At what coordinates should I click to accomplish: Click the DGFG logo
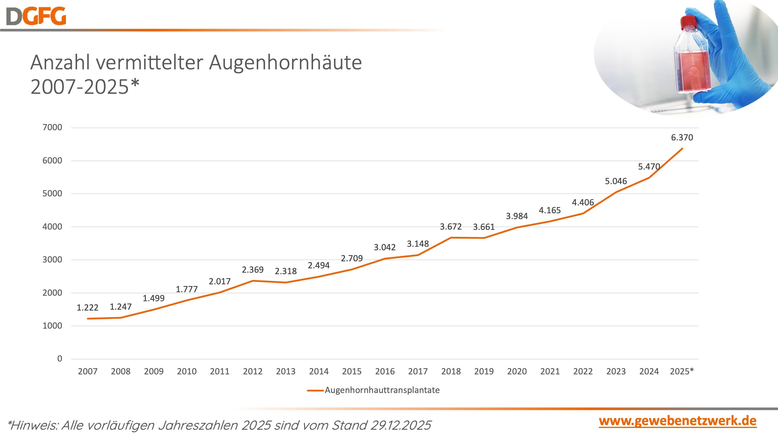[x=36, y=16]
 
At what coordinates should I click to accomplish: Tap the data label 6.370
[x=682, y=138]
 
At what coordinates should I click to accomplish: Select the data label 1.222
[x=87, y=308]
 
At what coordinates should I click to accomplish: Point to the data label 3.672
[x=451, y=226]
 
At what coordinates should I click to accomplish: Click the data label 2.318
[x=285, y=271]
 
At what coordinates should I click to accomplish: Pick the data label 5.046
[x=616, y=181]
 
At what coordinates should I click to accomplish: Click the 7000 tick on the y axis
[x=52, y=127]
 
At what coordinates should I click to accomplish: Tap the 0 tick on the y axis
[x=60, y=359]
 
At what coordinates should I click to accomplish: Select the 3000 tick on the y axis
[x=52, y=259]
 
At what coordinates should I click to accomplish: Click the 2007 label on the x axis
[x=87, y=371]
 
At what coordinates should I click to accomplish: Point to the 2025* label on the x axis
[x=682, y=371]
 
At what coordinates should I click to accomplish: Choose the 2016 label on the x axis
[x=384, y=371]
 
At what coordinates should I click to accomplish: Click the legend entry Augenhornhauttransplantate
[x=382, y=390]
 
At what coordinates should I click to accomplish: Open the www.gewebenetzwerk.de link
[x=677, y=421]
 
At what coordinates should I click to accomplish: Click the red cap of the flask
[x=688, y=22]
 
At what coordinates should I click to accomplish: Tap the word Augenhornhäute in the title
[x=285, y=63]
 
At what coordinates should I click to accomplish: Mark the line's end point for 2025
[x=682, y=148]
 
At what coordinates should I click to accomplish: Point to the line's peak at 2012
[x=253, y=281]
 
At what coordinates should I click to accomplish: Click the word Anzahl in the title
[x=60, y=63]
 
